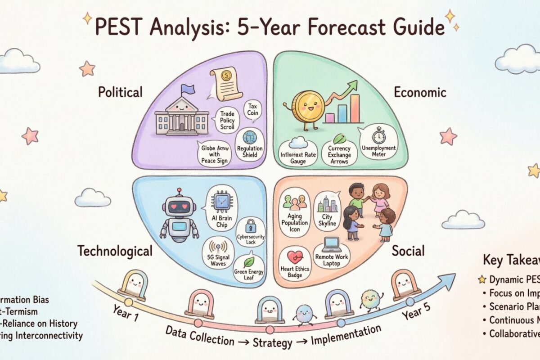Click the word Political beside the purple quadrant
click(x=120, y=92)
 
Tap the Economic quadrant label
click(x=420, y=93)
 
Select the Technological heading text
click(x=115, y=251)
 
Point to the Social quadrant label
click(x=408, y=251)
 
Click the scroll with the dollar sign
click(x=225, y=81)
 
